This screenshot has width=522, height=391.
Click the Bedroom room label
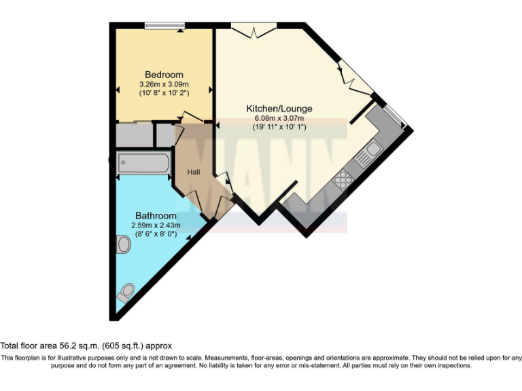(x=164, y=74)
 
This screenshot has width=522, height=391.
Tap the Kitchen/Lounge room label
(x=279, y=109)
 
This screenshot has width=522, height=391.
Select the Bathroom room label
(x=155, y=216)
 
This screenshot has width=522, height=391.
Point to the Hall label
(x=194, y=172)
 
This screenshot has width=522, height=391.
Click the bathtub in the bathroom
(x=143, y=163)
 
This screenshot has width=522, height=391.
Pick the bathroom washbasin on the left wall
(x=124, y=244)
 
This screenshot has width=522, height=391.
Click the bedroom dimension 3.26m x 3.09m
(x=164, y=83)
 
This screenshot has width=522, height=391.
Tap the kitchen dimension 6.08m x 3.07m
(x=279, y=118)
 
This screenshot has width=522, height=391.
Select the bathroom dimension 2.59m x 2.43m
(x=155, y=225)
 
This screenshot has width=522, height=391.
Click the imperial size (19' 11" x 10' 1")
(x=279, y=127)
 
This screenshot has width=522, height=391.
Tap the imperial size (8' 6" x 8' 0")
(x=155, y=234)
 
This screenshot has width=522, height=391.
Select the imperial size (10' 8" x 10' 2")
(x=164, y=92)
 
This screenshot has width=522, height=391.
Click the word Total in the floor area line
(x=11, y=345)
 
